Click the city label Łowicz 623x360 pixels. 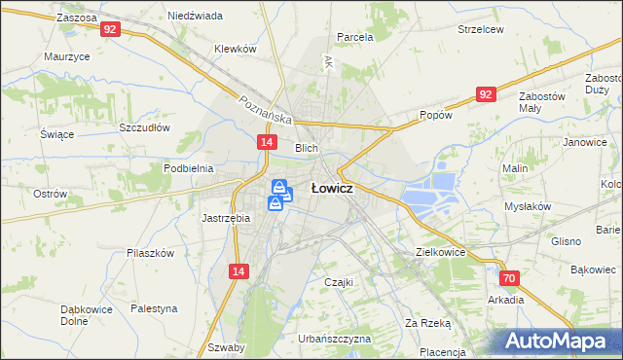click(x=331, y=189)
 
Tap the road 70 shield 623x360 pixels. click(x=511, y=278)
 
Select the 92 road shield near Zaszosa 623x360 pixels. click(x=110, y=30)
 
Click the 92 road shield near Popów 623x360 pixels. click(x=486, y=94)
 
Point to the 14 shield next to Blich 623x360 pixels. click(x=266, y=142)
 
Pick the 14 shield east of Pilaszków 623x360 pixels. click(x=238, y=274)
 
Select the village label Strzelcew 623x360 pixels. click(x=481, y=29)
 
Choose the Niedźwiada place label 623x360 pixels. click(x=195, y=16)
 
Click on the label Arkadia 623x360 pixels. click(x=506, y=300)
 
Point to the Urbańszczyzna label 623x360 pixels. click(x=335, y=339)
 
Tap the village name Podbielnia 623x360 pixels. click(x=188, y=167)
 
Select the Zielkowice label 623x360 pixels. click(x=440, y=251)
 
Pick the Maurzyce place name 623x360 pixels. click(x=67, y=56)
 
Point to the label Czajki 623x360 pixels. click(x=337, y=282)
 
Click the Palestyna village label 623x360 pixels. click(x=155, y=307)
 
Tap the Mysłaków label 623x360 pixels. click(x=528, y=206)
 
